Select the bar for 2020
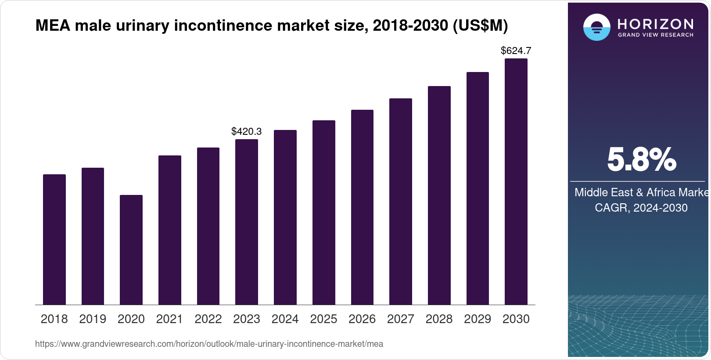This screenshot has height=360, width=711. click(x=131, y=250)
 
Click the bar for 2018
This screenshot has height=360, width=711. click(x=54, y=239)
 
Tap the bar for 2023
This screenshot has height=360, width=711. click(x=246, y=222)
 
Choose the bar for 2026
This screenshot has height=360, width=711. click(x=362, y=207)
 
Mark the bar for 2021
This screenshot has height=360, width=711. click(x=169, y=230)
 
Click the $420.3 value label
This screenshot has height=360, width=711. click(x=246, y=131)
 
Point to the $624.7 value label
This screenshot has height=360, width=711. click(x=516, y=51)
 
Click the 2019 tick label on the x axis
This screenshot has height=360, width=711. click(x=93, y=319)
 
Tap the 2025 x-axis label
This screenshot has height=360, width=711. click(x=323, y=319)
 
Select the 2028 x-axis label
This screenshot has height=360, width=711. click(x=439, y=319)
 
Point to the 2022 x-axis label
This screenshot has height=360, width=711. click(x=208, y=319)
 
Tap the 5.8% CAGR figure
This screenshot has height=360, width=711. click(x=641, y=160)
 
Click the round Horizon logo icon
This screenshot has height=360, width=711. click(x=596, y=27)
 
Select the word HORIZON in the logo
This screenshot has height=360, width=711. click(x=655, y=23)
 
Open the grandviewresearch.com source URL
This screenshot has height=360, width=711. click(x=209, y=344)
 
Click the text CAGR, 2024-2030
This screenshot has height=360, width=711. click(x=641, y=208)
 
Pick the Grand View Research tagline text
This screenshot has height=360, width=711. click(x=655, y=35)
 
